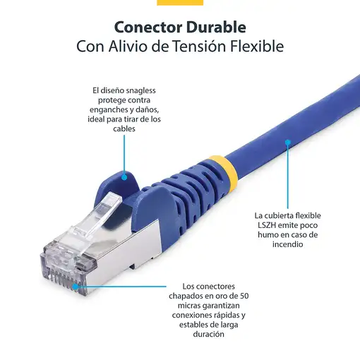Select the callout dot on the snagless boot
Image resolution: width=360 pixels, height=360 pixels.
pyautogui.click(x=125, y=178)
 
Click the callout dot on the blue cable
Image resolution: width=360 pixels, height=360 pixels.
pyautogui.click(x=288, y=142)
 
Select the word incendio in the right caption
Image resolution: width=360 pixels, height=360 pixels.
pyautogui.click(x=280, y=244)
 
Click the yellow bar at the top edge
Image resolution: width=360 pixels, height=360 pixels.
pyautogui.click(x=180, y=2)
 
